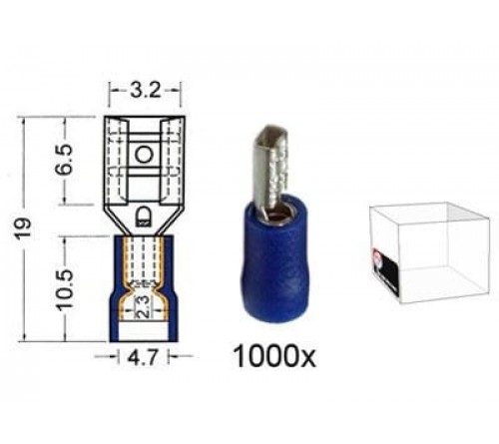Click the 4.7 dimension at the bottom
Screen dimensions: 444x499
click(142, 354)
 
